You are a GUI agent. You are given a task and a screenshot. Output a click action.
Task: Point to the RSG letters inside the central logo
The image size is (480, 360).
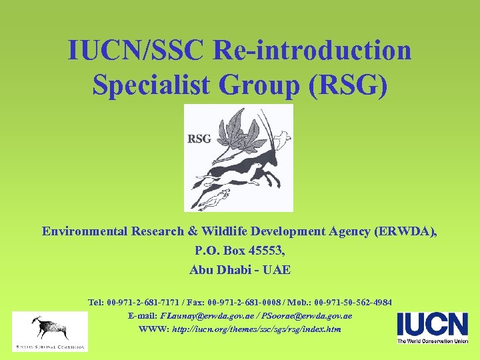(x=199, y=139)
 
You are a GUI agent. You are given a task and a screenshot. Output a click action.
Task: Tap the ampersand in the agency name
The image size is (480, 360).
(x=192, y=231)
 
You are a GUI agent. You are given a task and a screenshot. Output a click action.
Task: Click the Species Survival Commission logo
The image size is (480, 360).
(x=49, y=331)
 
